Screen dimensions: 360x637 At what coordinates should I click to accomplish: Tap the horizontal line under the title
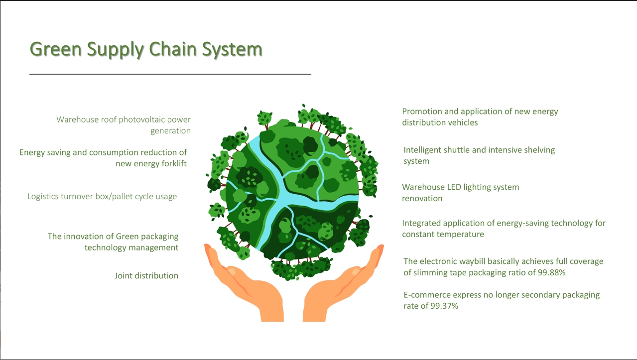(x=170, y=74)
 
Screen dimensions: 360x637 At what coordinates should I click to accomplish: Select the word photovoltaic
(x=141, y=120)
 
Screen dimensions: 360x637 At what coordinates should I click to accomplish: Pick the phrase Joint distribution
(x=146, y=276)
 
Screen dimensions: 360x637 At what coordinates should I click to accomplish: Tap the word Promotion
(x=423, y=112)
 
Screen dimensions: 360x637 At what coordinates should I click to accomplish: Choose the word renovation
(x=422, y=198)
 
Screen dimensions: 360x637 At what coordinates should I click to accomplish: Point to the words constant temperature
(x=443, y=234)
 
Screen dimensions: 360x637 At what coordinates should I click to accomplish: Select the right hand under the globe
(x=344, y=284)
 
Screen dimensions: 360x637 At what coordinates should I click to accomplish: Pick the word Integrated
(x=422, y=223)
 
